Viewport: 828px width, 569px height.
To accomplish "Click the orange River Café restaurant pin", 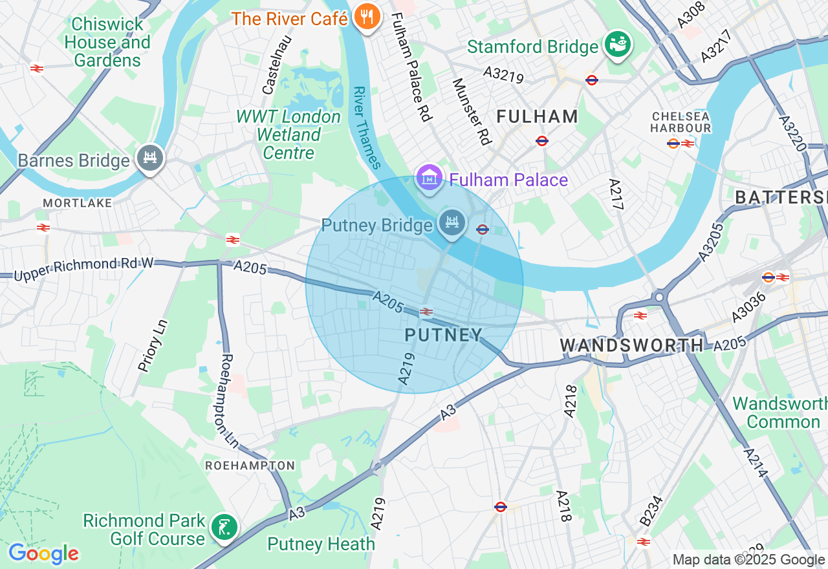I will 367,17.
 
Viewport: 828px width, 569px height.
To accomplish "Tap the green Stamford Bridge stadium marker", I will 618,44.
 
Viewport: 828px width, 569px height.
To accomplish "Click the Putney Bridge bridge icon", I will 452,222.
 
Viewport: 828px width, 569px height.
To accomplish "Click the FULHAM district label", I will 537,116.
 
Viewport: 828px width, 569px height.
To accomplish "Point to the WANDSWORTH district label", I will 631,345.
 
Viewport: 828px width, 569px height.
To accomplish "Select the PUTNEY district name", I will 444,334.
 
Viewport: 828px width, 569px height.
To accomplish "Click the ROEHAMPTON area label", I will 250,466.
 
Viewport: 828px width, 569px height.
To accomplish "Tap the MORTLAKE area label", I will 78,203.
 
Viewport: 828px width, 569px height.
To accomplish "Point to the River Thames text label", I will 366,127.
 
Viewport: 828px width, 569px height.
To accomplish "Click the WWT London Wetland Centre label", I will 289,134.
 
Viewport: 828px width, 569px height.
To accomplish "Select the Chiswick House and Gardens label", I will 108,43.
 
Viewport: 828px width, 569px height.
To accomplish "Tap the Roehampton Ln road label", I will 229,401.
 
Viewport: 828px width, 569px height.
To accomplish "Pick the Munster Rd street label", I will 472,111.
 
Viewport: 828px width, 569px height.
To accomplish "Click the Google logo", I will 43,554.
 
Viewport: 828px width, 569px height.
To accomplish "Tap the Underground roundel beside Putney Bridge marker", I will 482,229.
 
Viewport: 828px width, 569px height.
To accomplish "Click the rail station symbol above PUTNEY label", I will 426,312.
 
